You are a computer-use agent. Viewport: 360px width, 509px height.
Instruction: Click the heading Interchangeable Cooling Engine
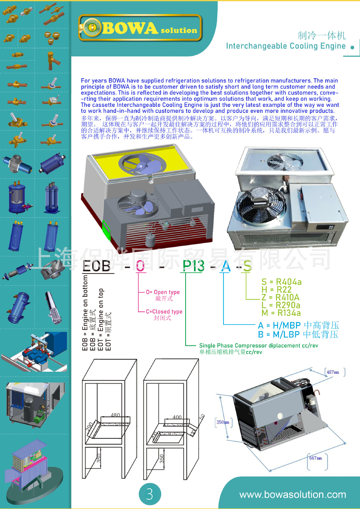click(286, 46)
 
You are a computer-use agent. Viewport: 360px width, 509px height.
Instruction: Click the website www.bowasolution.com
click(293, 495)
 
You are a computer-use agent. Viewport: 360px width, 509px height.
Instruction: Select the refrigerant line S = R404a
click(281, 282)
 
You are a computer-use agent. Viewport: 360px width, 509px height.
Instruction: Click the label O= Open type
click(163, 292)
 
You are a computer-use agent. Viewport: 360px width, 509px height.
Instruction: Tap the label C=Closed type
click(164, 311)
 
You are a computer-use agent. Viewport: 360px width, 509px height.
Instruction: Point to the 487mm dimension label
click(333, 372)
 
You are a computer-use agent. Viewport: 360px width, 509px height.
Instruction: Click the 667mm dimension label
click(315, 458)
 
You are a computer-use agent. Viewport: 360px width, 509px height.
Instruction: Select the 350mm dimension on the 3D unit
click(223, 422)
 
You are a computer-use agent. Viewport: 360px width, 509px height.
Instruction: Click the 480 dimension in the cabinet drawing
click(115, 415)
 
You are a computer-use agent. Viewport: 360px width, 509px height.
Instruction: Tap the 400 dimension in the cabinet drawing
click(177, 417)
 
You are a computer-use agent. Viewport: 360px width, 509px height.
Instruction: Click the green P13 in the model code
click(193, 266)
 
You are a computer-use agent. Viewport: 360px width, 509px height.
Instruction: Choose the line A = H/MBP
click(298, 325)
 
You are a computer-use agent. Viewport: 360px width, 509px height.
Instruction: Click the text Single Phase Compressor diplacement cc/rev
click(258, 345)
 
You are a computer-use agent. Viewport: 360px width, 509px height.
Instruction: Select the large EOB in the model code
click(97, 266)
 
